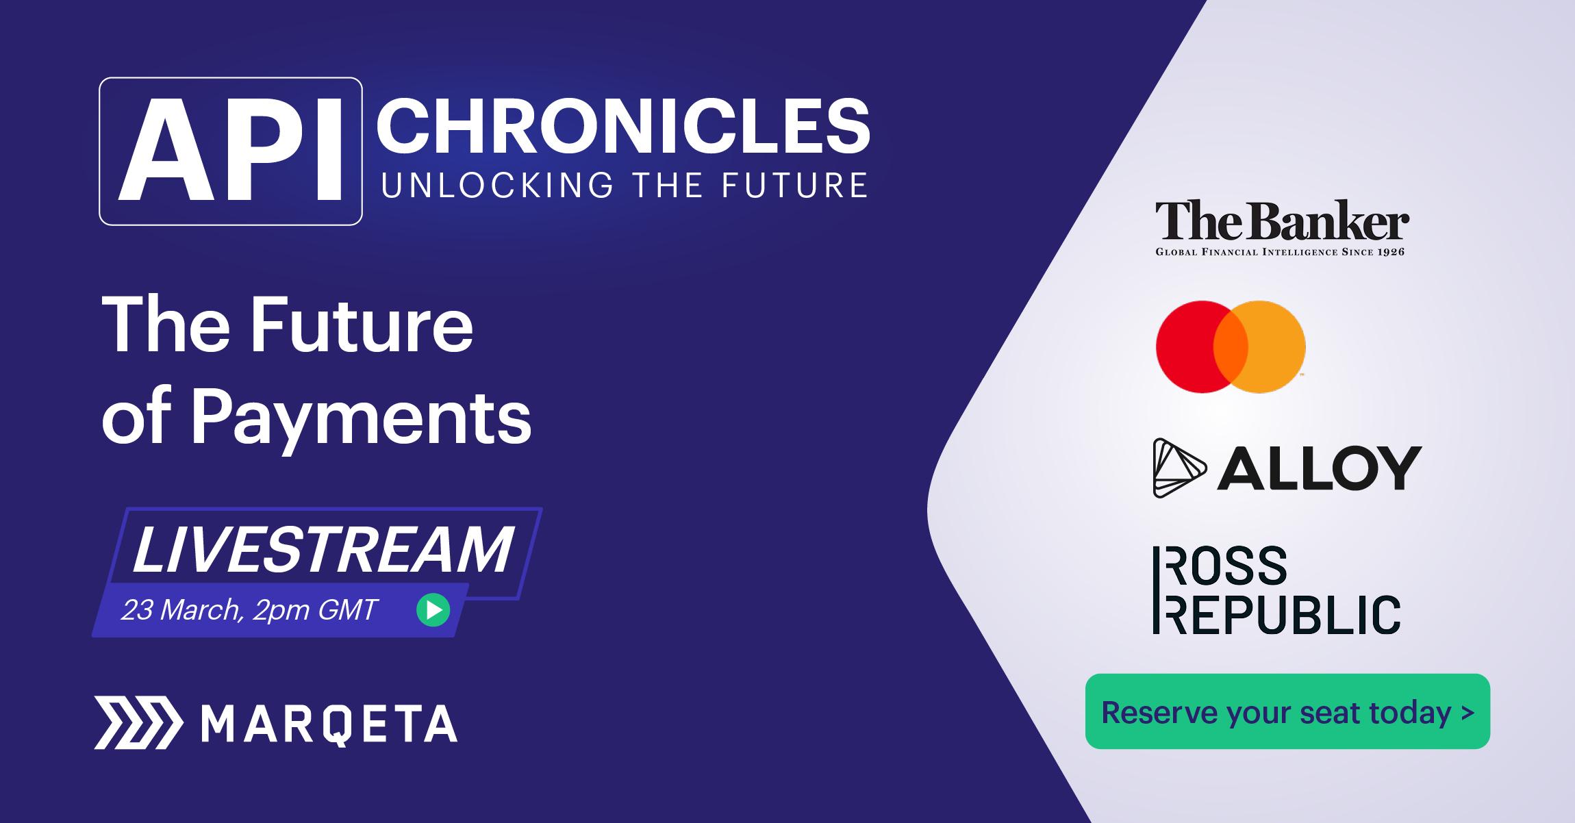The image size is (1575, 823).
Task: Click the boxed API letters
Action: (231, 151)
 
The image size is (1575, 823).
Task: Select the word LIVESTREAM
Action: (323, 549)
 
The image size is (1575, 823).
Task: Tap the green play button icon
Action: (433, 609)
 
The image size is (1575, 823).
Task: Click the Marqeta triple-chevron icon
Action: (138, 723)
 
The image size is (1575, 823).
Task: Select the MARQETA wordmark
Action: (330, 724)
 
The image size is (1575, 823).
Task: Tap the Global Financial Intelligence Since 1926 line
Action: (1280, 252)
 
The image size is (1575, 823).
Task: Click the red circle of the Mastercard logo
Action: (1195, 346)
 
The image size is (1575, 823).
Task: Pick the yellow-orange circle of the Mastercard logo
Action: (1267, 346)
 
